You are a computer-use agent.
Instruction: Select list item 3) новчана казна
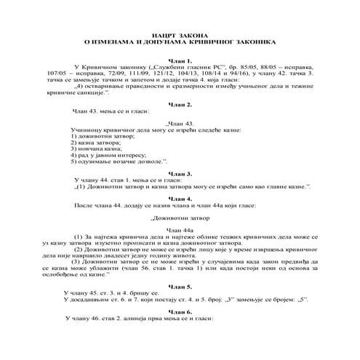[x=95, y=151]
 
